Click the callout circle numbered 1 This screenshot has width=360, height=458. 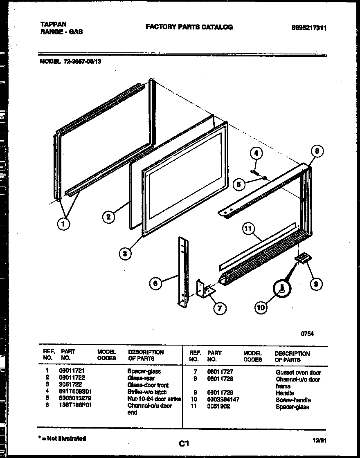(x=63, y=224)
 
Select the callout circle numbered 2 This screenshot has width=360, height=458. (x=108, y=217)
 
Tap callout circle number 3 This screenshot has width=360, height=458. (x=125, y=254)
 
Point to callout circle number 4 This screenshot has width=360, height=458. (x=256, y=154)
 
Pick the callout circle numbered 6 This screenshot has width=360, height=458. (x=155, y=283)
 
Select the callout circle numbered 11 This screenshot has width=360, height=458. (x=248, y=229)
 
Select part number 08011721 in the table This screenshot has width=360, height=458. (x=72, y=371)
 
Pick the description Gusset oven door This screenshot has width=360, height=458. (x=298, y=373)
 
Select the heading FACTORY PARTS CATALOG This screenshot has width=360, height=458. (x=189, y=27)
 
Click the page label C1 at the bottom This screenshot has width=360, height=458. (x=184, y=443)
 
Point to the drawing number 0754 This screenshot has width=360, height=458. (x=307, y=334)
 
